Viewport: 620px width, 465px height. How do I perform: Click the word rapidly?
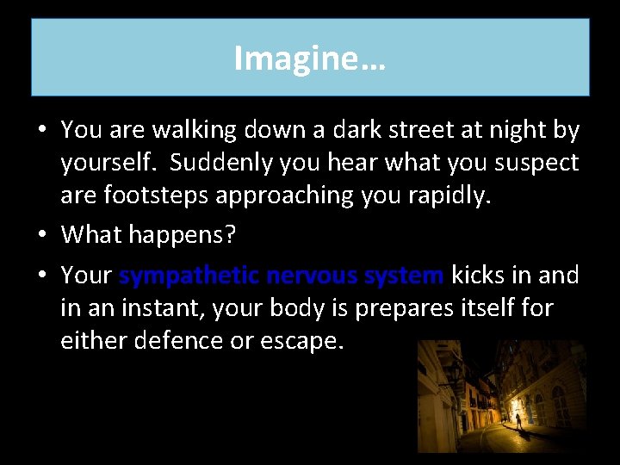pyautogui.click(x=454, y=195)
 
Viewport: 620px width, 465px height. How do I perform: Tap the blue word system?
pyautogui.click(x=404, y=276)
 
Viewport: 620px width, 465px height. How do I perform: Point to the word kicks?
pyautogui.click(x=482, y=276)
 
